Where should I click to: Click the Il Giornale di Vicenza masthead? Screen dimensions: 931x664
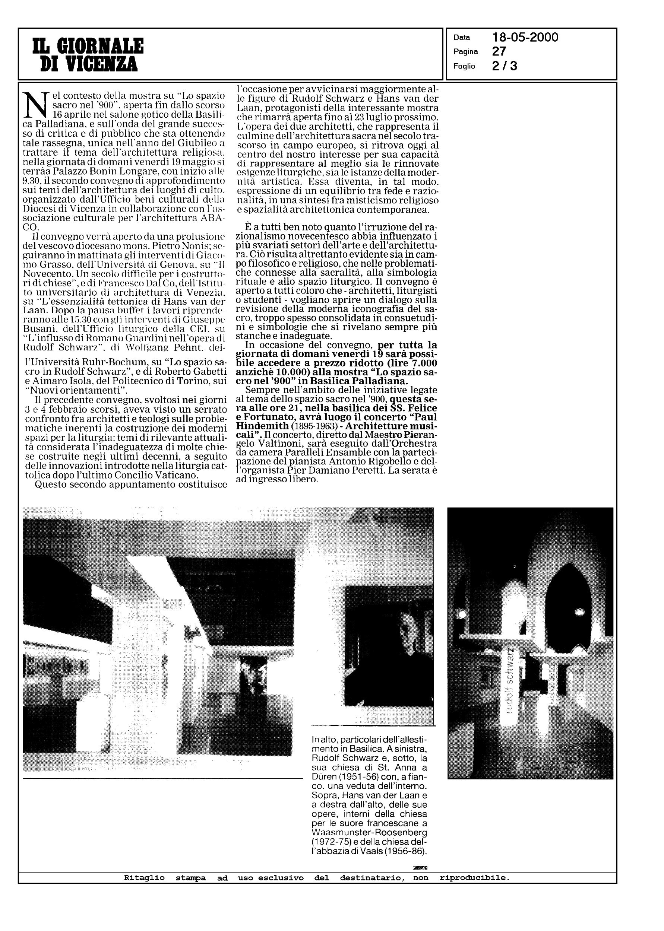[x=88, y=54]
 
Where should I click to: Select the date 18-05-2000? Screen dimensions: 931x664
[x=525, y=38]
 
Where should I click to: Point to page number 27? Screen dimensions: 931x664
[x=499, y=51]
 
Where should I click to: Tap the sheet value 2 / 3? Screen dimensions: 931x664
[x=505, y=66]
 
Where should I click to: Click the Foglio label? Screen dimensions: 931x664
[x=464, y=66]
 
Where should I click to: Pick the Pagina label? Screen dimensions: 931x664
[x=465, y=52]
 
